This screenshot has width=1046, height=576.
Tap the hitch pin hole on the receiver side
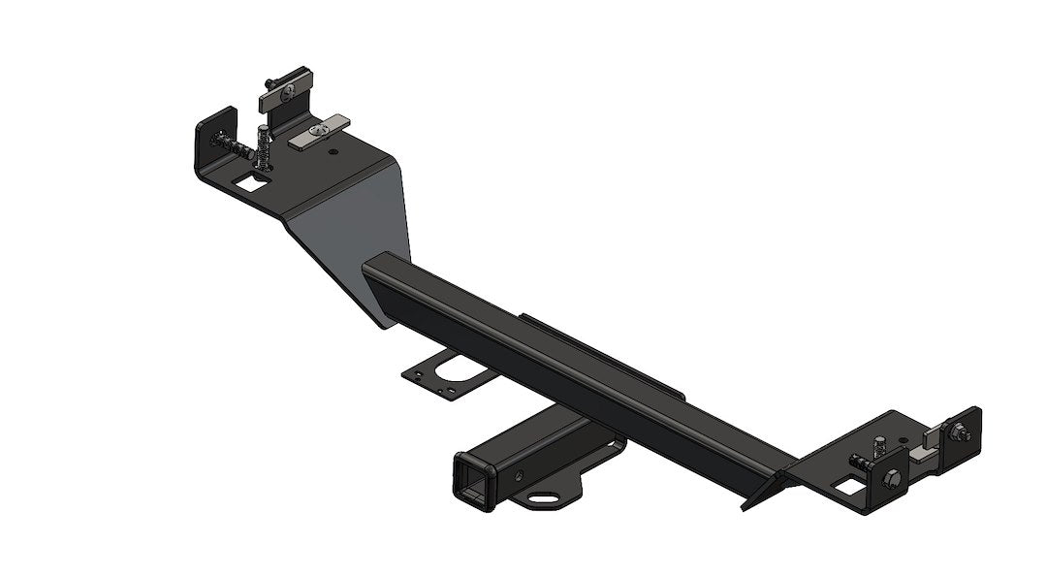tap(522, 475)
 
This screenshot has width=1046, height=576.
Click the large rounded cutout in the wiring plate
tap(452, 371)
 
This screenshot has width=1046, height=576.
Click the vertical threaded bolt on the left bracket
tap(263, 145)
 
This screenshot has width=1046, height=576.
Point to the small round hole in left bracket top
tap(333, 152)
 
